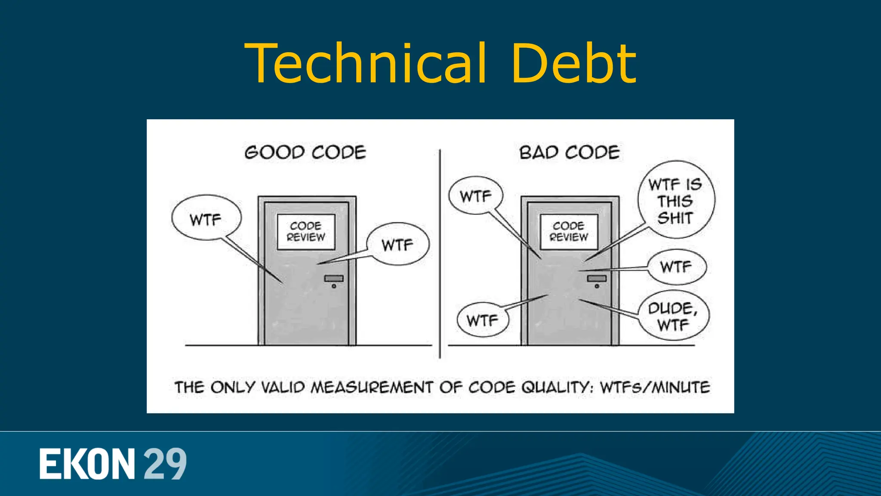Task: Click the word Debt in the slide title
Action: (x=573, y=63)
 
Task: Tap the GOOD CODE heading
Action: (x=305, y=152)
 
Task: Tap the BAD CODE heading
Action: (x=569, y=152)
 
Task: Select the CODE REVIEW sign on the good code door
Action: (x=306, y=232)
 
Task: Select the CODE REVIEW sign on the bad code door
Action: (x=569, y=232)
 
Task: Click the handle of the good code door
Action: (x=334, y=279)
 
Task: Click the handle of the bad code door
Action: (x=597, y=279)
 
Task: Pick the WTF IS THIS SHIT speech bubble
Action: (x=675, y=200)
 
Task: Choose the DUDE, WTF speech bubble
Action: (x=673, y=316)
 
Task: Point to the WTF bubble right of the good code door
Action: (x=397, y=245)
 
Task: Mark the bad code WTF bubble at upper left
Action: (x=476, y=196)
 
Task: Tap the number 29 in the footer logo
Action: (x=165, y=464)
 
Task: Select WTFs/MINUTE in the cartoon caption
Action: (x=655, y=387)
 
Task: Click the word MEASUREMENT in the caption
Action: (x=372, y=387)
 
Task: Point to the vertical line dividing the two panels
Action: (x=440, y=254)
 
